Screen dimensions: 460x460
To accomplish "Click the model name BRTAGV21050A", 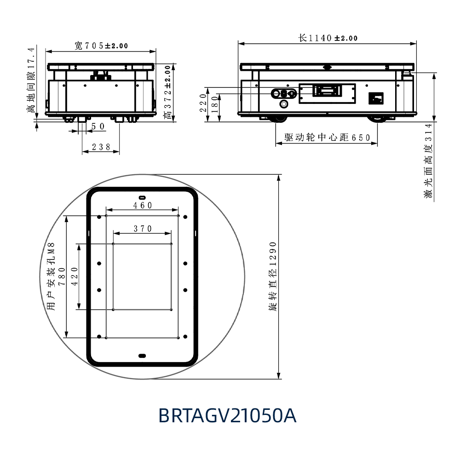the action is pos(227,415).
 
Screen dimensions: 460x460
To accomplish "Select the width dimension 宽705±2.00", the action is pos(101,46).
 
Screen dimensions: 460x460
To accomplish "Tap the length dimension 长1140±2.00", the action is pos(328,38).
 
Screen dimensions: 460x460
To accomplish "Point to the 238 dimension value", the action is pos(101,147).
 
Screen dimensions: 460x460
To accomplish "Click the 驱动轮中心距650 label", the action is pos(328,137).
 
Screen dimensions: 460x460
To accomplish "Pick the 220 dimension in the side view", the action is pos(203,103).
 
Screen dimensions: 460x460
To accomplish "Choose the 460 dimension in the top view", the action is pos(143,205).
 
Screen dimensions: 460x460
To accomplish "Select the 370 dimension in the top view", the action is pos(143,229).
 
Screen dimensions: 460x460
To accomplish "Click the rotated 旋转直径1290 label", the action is pos(273,276).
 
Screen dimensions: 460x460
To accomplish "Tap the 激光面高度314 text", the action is pos(429,161).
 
